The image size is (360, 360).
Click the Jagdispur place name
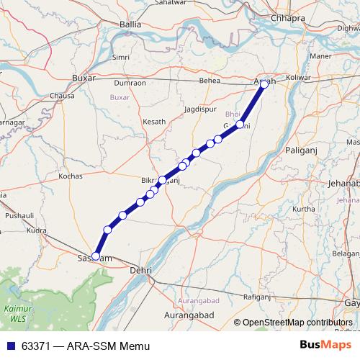pyautogui.click(x=199, y=109)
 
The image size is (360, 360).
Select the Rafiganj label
pyautogui.click(x=256, y=296)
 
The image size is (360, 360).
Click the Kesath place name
pyautogui.click(x=154, y=122)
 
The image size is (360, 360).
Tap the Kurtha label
pyautogui.click(x=305, y=209)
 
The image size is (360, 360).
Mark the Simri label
pyautogui.click(x=120, y=57)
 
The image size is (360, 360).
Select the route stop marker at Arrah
pyautogui.click(x=264, y=84)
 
